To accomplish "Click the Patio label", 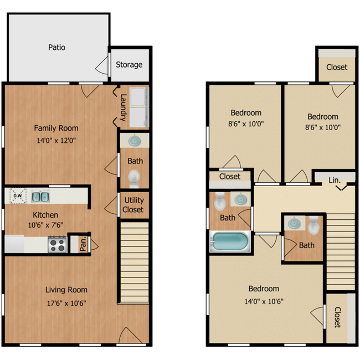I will point(56,48).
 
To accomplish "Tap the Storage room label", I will point(129,65).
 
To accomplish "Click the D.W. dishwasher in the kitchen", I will point(18,196).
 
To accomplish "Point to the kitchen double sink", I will point(39,196).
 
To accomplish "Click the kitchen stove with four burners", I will point(57,244).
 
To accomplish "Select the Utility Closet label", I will point(133,205).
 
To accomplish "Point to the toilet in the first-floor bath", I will point(134,178).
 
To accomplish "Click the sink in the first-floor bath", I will point(134,142).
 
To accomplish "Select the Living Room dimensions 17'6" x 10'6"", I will point(66,303).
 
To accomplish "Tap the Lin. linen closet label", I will point(335,179).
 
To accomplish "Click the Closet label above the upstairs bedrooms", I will point(337,67).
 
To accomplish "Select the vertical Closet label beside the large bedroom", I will point(337,318).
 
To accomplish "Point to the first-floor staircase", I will point(135,260).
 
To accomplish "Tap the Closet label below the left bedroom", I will point(229,177).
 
